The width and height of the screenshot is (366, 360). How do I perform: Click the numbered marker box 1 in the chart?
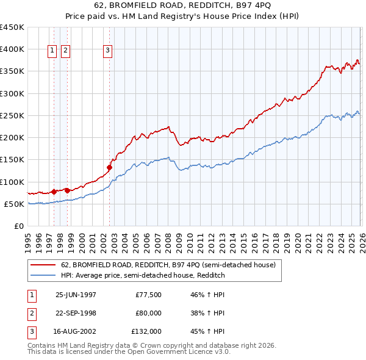pos(52,51)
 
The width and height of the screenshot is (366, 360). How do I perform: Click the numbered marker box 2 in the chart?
pos(65,51)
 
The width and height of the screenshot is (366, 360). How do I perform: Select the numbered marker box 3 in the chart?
pos(107,51)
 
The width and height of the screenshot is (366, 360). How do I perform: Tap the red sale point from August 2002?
pos(109,167)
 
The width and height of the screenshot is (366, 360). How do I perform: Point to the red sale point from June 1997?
pos(54,192)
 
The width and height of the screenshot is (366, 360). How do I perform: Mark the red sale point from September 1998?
pos(67,190)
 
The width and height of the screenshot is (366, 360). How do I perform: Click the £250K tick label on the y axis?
pos(12,116)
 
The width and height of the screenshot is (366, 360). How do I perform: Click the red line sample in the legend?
pos(44,265)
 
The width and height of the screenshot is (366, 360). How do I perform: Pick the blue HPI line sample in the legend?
pos(44,276)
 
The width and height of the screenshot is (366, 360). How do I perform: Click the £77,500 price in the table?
pos(149,294)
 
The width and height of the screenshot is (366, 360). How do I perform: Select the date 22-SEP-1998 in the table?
pos(76,313)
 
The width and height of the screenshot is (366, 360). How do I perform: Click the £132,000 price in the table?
pos(147,332)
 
